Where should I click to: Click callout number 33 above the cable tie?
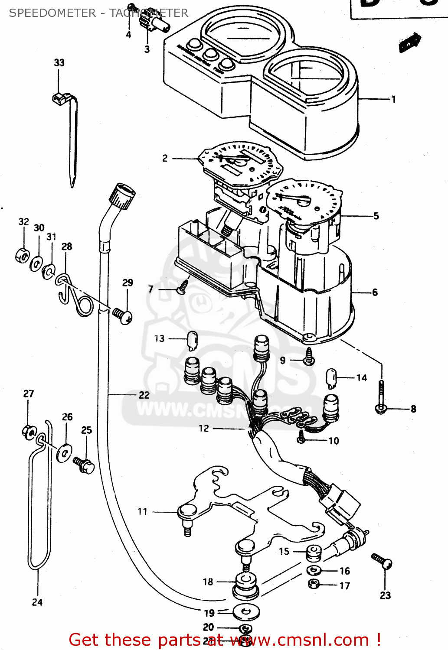[x=59, y=63]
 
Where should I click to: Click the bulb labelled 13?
[x=192, y=340]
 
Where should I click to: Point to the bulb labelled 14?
[x=332, y=378]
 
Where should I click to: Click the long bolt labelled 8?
[x=381, y=396]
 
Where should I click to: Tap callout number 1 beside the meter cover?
[x=393, y=100]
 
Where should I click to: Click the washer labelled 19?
[x=246, y=612]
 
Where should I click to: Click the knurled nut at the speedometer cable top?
[x=122, y=196]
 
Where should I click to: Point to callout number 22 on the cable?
[x=144, y=395]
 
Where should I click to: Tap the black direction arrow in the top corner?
[x=409, y=42]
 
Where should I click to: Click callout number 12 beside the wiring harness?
[x=204, y=429]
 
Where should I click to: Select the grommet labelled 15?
[x=314, y=553]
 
